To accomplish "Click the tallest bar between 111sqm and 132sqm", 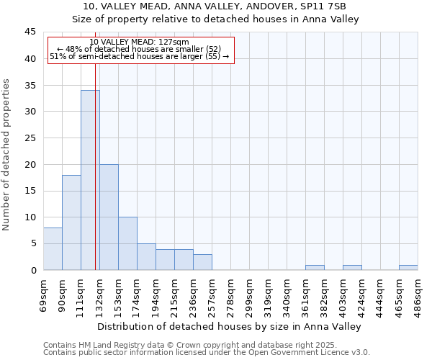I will [90, 180].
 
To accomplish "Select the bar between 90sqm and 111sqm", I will [71, 222].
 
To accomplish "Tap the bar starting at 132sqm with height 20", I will [109, 217].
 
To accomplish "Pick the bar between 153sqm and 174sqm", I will [127, 243].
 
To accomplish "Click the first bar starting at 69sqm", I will [53, 248].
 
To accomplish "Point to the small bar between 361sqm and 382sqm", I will [315, 267].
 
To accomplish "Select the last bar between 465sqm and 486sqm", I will [408, 267].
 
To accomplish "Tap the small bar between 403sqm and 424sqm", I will [352, 267].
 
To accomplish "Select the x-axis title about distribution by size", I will [230, 326].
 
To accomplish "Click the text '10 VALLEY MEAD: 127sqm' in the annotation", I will [141, 42].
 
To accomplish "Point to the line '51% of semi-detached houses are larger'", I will [140, 56].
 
